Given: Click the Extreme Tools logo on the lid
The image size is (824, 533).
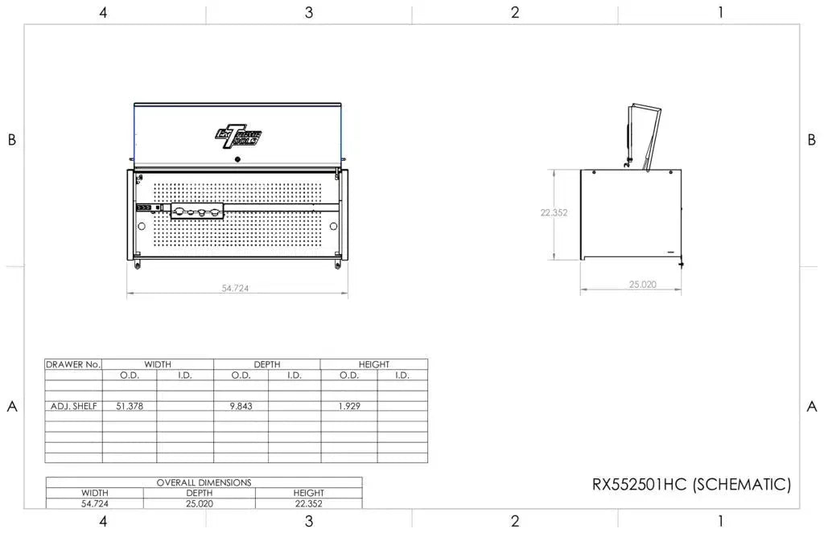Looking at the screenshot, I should pyautogui.click(x=238, y=136).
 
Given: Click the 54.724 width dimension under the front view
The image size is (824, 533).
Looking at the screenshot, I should pyautogui.click(x=236, y=288).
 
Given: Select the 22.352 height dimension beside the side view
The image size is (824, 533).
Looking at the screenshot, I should pyautogui.click(x=554, y=213).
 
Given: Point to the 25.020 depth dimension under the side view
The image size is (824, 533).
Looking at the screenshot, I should pyautogui.click(x=642, y=285).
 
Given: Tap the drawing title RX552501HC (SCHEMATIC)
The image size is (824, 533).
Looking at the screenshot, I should pyautogui.click(x=691, y=485).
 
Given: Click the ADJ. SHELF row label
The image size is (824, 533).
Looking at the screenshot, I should pyautogui.click(x=74, y=406).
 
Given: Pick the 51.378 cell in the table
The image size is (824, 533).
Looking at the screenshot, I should pyautogui.click(x=130, y=406).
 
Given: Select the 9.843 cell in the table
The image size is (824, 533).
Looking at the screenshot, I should pyautogui.click(x=241, y=406).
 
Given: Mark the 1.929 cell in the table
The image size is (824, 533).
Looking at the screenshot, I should pyautogui.click(x=348, y=406).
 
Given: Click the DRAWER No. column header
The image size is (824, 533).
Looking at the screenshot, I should pyautogui.click(x=74, y=364).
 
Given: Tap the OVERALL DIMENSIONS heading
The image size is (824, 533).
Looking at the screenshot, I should pyautogui.click(x=204, y=482).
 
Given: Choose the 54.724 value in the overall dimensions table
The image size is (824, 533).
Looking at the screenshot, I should pyautogui.click(x=94, y=503).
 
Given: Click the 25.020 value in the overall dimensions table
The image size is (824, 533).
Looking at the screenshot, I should pyautogui.click(x=200, y=503).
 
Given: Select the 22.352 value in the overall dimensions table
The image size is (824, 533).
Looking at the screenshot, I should pyautogui.click(x=308, y=503).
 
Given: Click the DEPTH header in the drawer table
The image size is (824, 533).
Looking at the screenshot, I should pyautogui.click(x=267, y=364).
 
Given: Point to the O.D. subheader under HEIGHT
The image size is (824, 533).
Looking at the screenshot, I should pyautogui.click(x=348, y=375).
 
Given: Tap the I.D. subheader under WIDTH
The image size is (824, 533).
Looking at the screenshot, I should pyautogui.click(x=185, y=375).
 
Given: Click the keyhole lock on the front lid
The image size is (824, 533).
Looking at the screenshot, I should pyautogui.click(x=238, y=159).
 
